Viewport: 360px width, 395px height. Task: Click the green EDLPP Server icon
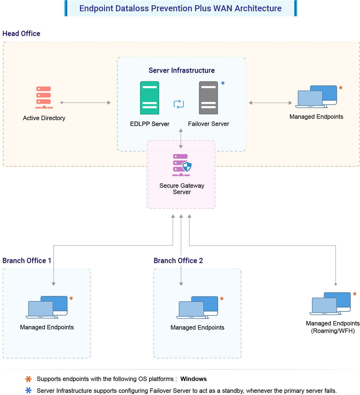pos(150,98)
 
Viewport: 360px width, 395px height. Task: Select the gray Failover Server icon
pos(208,98)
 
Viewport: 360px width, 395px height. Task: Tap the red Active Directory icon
pos(44,98)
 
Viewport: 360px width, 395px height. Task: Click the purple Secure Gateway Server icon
pos(182,165)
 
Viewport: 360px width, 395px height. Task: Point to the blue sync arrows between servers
pos(179,104)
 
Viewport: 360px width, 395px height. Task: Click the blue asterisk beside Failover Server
pos(223,83)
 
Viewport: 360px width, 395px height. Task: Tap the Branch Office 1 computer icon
pos(47,307)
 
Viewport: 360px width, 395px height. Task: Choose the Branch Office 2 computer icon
pos(197,308)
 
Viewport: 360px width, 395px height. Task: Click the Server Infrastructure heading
pos(182,70)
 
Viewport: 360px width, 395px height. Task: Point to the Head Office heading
pos(21,34)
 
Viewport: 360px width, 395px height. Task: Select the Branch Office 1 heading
pos(27,261)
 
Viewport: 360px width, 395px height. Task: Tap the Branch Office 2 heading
pos(178,261)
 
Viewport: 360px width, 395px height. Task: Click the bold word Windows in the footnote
pos(193,379)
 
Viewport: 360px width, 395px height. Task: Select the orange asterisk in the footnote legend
pos(28,379)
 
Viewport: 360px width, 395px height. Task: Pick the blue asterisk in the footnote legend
pos(28,390)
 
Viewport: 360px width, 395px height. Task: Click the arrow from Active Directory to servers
pos(86,103)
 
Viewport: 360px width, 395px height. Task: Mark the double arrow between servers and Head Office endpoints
pos(270,103)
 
